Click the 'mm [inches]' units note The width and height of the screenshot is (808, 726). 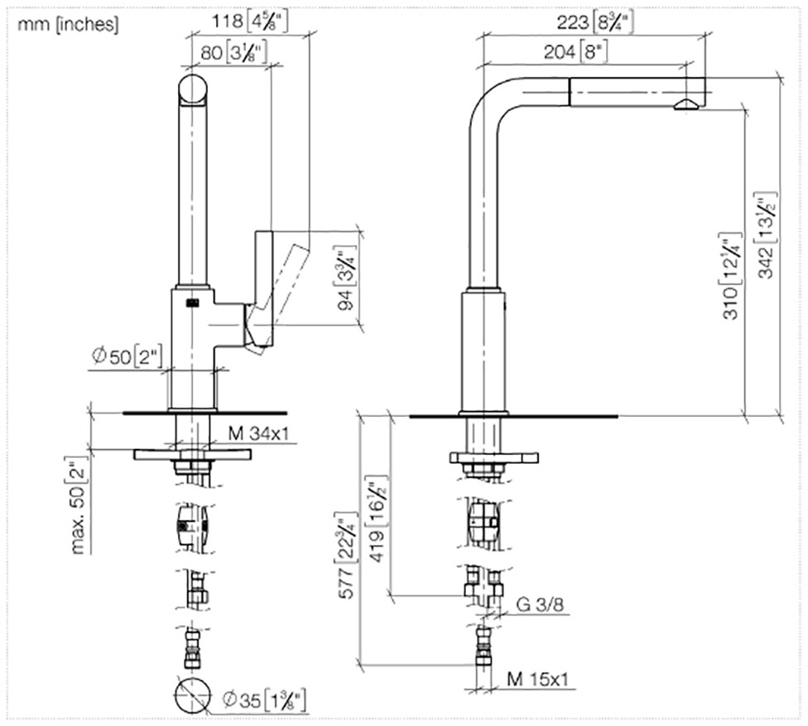pos(68,24)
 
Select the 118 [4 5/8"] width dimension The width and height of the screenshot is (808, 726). pos(249,21)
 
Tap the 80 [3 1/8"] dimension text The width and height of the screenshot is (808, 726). pos(233,52)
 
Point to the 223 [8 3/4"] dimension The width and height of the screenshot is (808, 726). pos(595,22)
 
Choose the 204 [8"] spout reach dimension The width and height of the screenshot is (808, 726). pos(576,51)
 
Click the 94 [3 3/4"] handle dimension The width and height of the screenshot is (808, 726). pos(347,279)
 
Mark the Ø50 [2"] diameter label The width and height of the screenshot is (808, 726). pos(127,356)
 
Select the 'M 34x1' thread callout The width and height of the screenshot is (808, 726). pos(258,433)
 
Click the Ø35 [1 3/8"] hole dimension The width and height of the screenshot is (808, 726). pos(264,700)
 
